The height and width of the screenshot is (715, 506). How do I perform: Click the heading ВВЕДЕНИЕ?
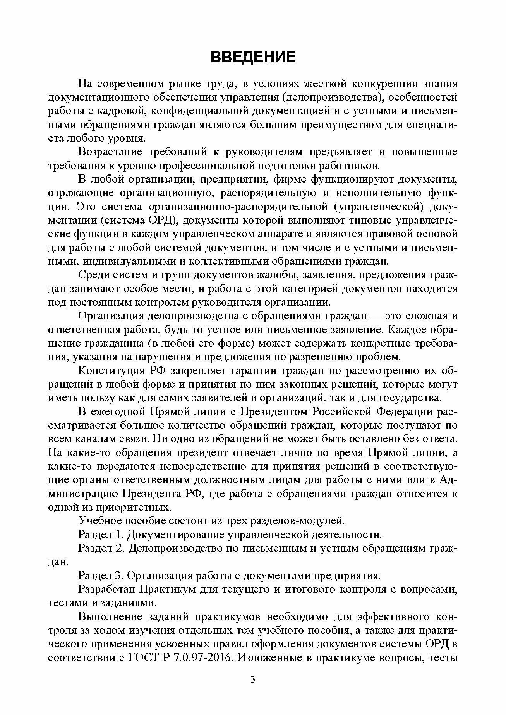coord(253,57)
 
